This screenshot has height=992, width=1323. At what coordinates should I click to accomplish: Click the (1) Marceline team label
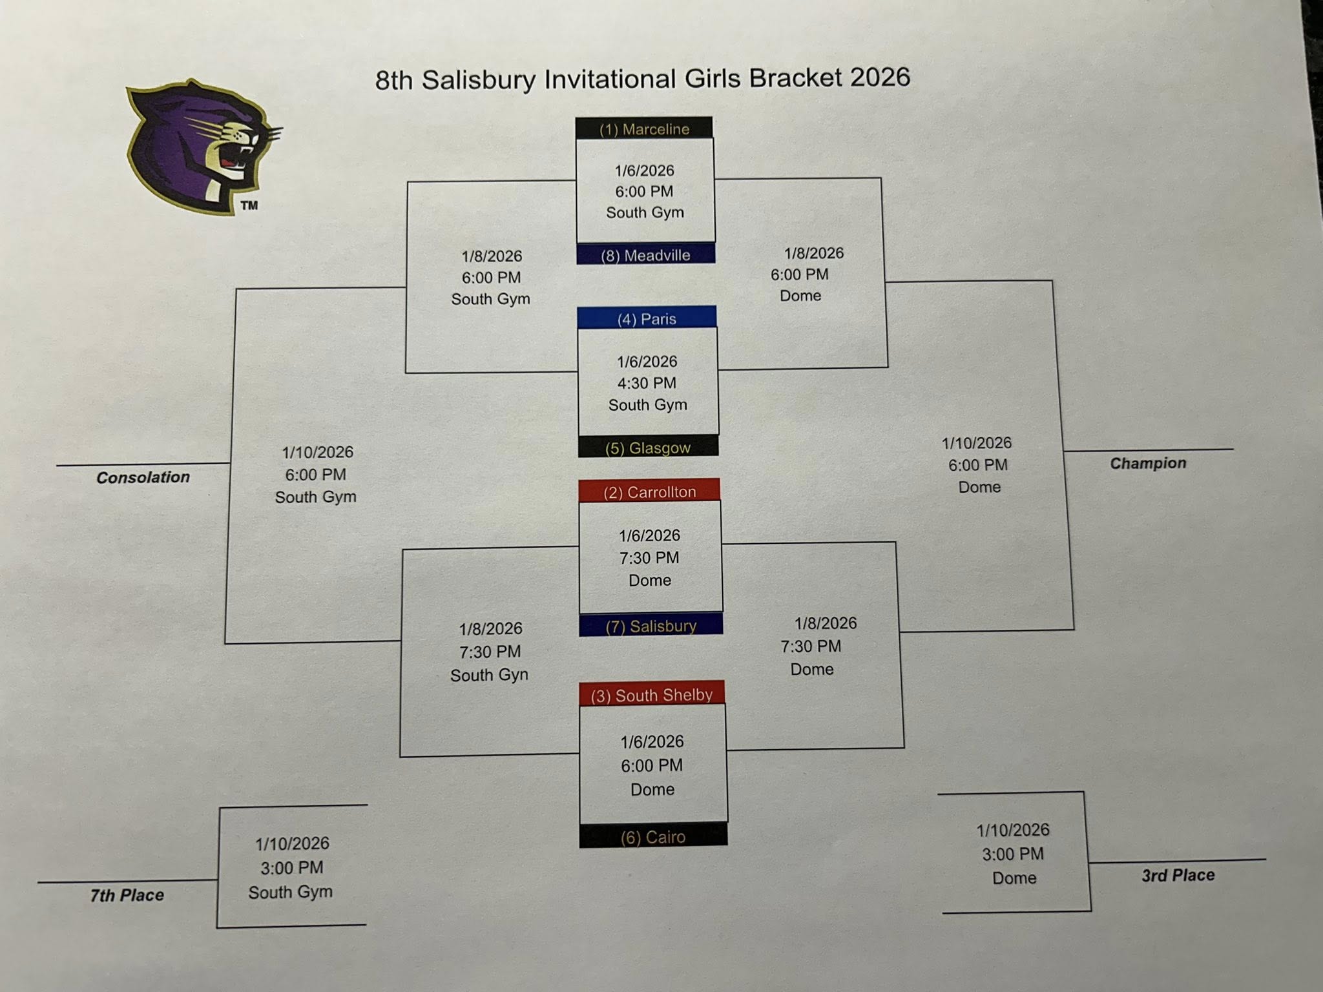coord(644,129)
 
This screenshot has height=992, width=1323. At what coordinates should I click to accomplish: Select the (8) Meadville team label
coord(645,255)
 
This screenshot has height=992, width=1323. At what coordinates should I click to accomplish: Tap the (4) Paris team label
coord(647,318)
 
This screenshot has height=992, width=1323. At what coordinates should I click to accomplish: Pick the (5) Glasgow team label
coord(648,448)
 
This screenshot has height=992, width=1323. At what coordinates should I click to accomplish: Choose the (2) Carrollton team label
coord(649,491)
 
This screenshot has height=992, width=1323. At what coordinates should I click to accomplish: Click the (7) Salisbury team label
coord(651,626)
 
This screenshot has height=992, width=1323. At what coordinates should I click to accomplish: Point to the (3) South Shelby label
coord(651,695)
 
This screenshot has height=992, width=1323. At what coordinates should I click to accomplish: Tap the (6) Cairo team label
coord(652,837)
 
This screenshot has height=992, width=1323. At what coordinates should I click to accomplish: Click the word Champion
coord(1148,463)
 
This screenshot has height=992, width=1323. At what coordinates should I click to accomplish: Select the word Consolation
coord(143,477)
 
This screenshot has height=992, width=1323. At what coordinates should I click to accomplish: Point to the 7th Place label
coord(127,895)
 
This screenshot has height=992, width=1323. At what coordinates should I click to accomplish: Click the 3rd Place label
coord(1178,875)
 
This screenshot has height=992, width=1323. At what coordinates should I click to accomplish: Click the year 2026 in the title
coord(880,77)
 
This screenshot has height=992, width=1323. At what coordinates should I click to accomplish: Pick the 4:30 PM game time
coord(647,383)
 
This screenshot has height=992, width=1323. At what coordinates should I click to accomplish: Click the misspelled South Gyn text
coord(489,675)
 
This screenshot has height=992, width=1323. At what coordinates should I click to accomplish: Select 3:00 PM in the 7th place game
coord(292,867)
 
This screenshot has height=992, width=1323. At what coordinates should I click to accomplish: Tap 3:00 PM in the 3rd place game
coord(1013,854)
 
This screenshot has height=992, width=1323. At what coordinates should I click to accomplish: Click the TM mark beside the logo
coord(249,205)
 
